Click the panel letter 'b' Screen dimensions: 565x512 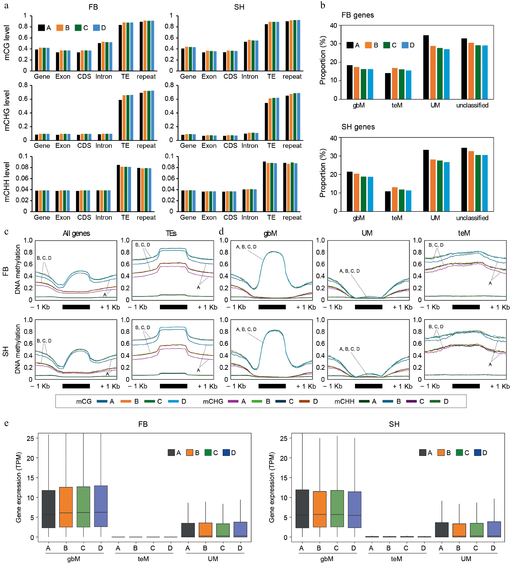tap(323, 6)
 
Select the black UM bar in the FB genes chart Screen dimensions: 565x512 tap(426, 67)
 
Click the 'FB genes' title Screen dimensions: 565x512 tap(358, 15)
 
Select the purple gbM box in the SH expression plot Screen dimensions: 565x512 tap(354, 510)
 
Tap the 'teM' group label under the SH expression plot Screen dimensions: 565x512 tap(396, 559)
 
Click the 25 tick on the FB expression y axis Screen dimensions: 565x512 tap(30, 438)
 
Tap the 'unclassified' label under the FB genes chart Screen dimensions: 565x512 tap(472, 105)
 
